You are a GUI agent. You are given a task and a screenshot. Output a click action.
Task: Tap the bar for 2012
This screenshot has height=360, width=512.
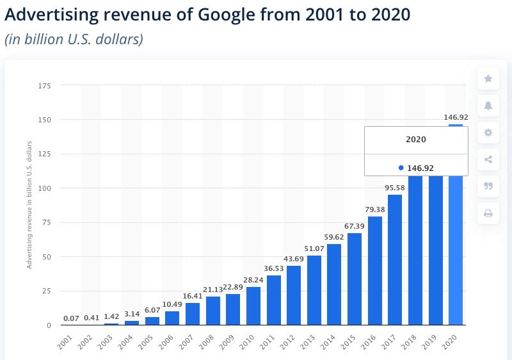(294, 295)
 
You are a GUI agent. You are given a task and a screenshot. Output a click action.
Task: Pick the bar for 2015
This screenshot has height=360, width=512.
(355, 279)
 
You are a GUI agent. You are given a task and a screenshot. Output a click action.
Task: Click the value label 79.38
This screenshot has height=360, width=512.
(374, 209)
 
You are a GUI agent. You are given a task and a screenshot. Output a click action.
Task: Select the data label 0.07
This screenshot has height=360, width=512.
(71, 318)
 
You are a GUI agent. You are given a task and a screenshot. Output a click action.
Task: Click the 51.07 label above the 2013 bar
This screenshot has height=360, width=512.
(314, 249)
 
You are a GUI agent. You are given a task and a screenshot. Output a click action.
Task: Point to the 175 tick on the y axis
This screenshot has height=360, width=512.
(44, 85)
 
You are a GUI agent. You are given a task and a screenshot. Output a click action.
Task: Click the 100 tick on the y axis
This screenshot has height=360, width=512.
(44, 188)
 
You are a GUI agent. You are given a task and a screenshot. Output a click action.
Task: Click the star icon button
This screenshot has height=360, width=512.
(488, 79)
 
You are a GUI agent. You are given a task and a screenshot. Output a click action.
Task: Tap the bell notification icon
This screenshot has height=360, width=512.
(488, 106)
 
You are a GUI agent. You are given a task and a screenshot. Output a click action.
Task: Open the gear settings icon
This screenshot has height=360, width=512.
(488, 133)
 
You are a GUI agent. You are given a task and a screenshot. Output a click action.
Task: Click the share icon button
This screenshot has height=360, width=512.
(488, 160)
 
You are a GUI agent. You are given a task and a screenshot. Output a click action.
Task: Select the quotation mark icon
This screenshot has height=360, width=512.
(488, 186)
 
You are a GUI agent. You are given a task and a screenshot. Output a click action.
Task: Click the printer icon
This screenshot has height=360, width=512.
(488, 213)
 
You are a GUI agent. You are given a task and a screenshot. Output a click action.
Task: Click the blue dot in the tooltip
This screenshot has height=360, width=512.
(401, 168)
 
